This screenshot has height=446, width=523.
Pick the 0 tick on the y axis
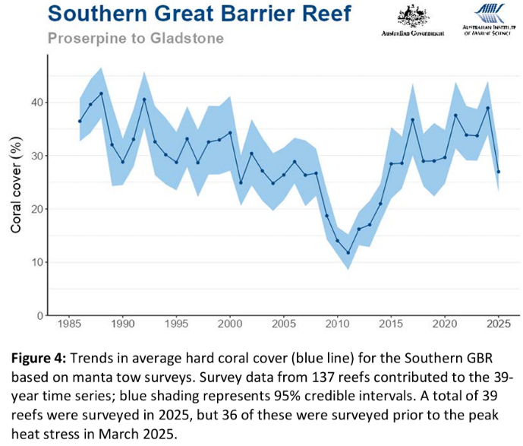pos(37,315)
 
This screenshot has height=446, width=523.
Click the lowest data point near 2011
pos(348,253)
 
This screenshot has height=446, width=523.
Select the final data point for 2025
pos(498,172)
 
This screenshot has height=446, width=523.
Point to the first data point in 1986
pos(79,121)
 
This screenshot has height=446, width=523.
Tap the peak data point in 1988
pos(101,93)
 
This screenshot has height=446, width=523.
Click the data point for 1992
pos(143,100)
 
